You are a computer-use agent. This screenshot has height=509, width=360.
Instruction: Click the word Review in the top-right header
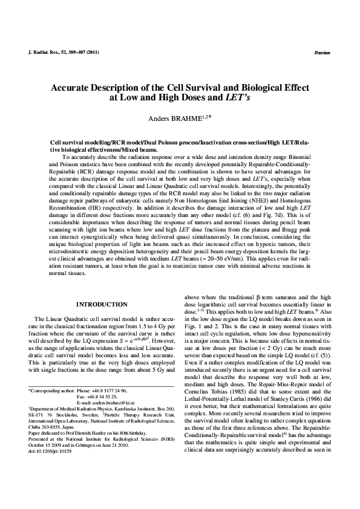322,54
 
